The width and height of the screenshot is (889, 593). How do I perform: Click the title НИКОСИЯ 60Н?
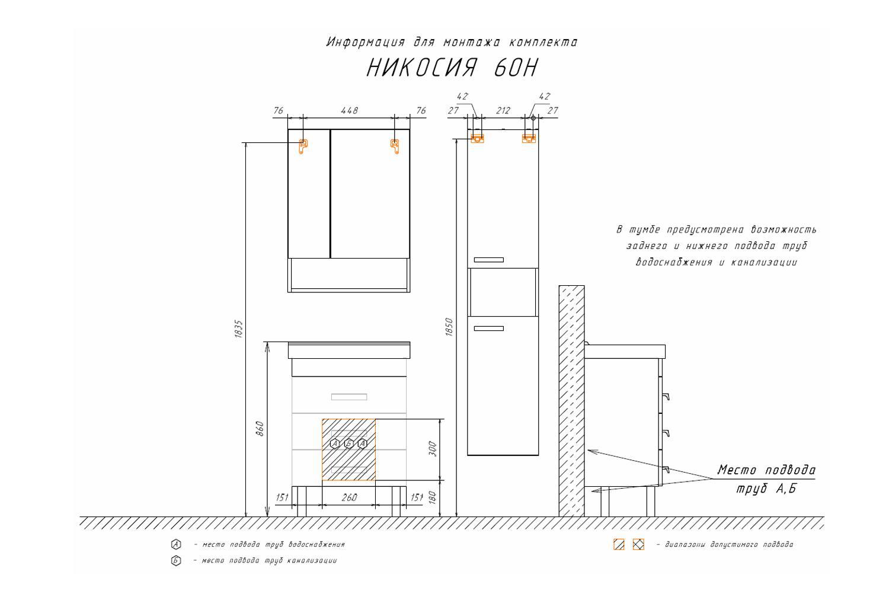[x=452, y=68]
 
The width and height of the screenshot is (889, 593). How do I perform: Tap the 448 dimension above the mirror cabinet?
[x=349, y=110]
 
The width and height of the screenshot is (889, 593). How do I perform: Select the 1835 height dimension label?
[x=238, y=329]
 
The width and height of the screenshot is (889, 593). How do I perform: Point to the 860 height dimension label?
[x=260, y=429]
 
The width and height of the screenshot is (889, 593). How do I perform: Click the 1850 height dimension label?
[x=449, y=327]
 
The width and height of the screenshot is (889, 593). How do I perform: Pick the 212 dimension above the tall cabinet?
[x=503, y=111]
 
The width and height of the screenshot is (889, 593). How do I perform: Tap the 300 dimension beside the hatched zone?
[x=433, y=449]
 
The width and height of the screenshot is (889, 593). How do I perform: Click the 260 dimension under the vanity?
[x=349, y=498]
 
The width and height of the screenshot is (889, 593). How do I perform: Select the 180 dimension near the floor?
[x=433, y=498]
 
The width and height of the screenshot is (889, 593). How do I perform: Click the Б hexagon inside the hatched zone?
[x=348, y=443]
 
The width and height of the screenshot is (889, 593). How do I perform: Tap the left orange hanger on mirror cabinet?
[x=303, y=146]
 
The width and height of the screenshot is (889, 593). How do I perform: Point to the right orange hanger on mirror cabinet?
[x=395, y=146]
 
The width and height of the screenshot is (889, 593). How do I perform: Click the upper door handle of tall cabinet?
[x=488, y=260]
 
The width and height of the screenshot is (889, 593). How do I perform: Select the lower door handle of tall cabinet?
[x=488, y=329]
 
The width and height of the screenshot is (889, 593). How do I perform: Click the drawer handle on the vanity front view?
[x=349, y=397]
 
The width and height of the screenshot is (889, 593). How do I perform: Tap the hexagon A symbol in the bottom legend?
[x=176, y=544]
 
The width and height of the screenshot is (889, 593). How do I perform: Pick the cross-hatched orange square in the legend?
[x=638, y=544]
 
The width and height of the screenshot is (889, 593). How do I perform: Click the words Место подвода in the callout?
[x=766, y=470]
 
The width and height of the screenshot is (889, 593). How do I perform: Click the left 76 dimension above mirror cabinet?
[x=279, y=110]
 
